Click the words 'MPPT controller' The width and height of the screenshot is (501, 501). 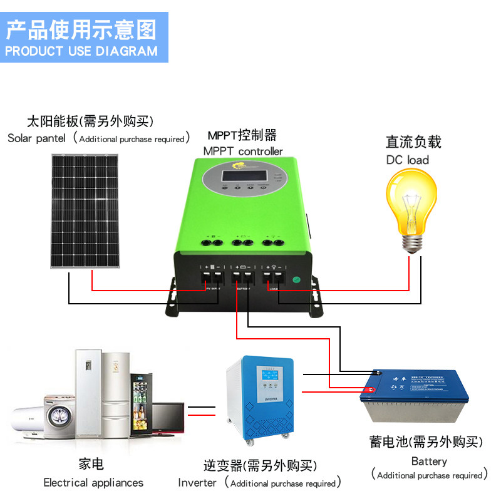pos(243,151)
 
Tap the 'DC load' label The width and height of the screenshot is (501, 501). pos(408,160)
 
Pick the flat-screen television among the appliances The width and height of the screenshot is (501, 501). pos(168,418)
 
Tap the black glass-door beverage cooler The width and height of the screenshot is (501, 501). pos(141,401)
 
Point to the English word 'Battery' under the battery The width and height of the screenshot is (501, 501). pos(429,462)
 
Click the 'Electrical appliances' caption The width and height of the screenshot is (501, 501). pos(93,483)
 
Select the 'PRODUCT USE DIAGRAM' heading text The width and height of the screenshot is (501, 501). pos(81,51)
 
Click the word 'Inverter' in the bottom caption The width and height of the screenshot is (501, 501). pos(197,483)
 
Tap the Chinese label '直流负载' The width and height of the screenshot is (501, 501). pos(413,142)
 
